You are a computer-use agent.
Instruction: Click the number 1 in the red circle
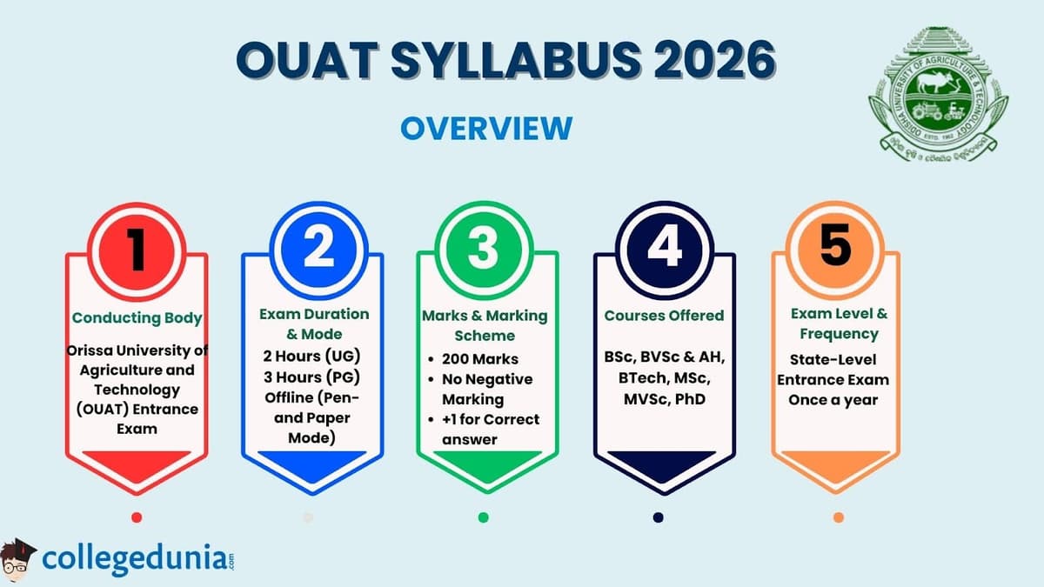[x=137, y=249]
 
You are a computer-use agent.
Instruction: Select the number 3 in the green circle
[x=483, y=249]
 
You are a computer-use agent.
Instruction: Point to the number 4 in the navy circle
[x=665, y=249]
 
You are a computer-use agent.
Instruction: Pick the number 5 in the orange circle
[x=835, y=246]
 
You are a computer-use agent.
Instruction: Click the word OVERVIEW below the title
[x=486, y=128]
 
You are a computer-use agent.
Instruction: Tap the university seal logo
[x=938, y=93]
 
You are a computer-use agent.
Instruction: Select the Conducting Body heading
[x=137, y=317]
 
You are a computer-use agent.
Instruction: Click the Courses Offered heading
[x=665, y=315]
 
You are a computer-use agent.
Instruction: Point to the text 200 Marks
[x=479, y=358]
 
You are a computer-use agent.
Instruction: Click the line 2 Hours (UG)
[x=311, y=356]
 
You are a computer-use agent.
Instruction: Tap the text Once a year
[x=833, y=400]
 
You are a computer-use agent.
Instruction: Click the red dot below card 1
[x=137, y=517]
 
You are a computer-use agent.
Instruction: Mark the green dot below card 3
[x=483, y=517]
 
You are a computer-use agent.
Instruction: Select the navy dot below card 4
[x=658, y=517]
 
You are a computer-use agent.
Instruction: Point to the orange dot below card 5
[x=838, y=517]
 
